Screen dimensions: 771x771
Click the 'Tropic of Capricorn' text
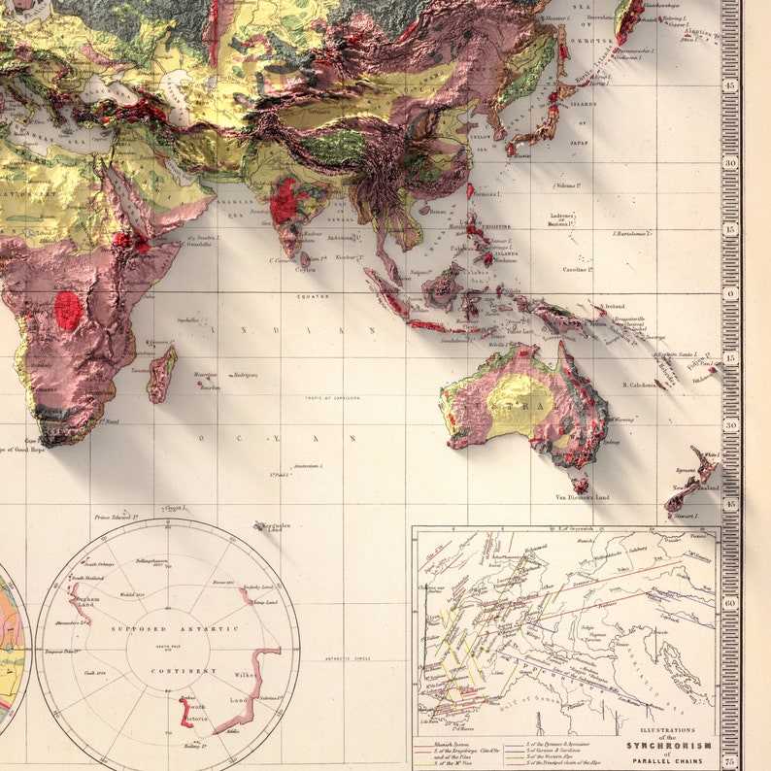(332, 398)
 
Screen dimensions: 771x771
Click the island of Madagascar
(162, 373)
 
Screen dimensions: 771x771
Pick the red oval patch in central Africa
(68, 310)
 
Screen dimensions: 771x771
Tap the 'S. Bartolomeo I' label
(630, 233)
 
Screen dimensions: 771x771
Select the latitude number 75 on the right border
(729, 761)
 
